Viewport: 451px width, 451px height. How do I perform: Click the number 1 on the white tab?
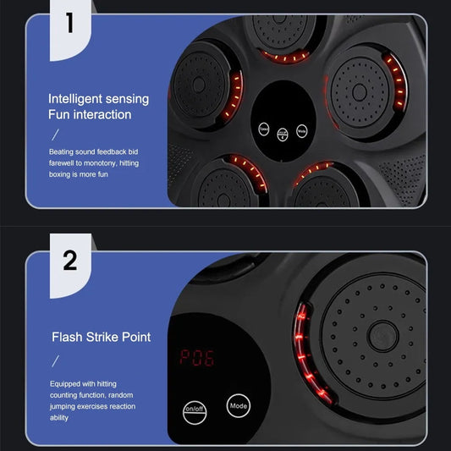[69, 23]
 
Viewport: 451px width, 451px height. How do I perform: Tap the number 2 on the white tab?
[69, 259]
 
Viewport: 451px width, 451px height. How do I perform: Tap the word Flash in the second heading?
[66, 337]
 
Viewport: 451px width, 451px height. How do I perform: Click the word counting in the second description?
[69, 395]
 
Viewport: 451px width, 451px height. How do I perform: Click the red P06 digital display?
[197, 357]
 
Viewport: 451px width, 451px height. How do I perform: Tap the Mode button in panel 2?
[239, 406]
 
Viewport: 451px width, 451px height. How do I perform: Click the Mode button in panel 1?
[302, 131]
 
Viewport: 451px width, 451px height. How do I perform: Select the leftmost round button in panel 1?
[265, 129]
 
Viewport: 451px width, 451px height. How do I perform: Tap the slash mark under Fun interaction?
[57, 134]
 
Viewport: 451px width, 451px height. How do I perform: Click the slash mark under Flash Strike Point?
[57, 360]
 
